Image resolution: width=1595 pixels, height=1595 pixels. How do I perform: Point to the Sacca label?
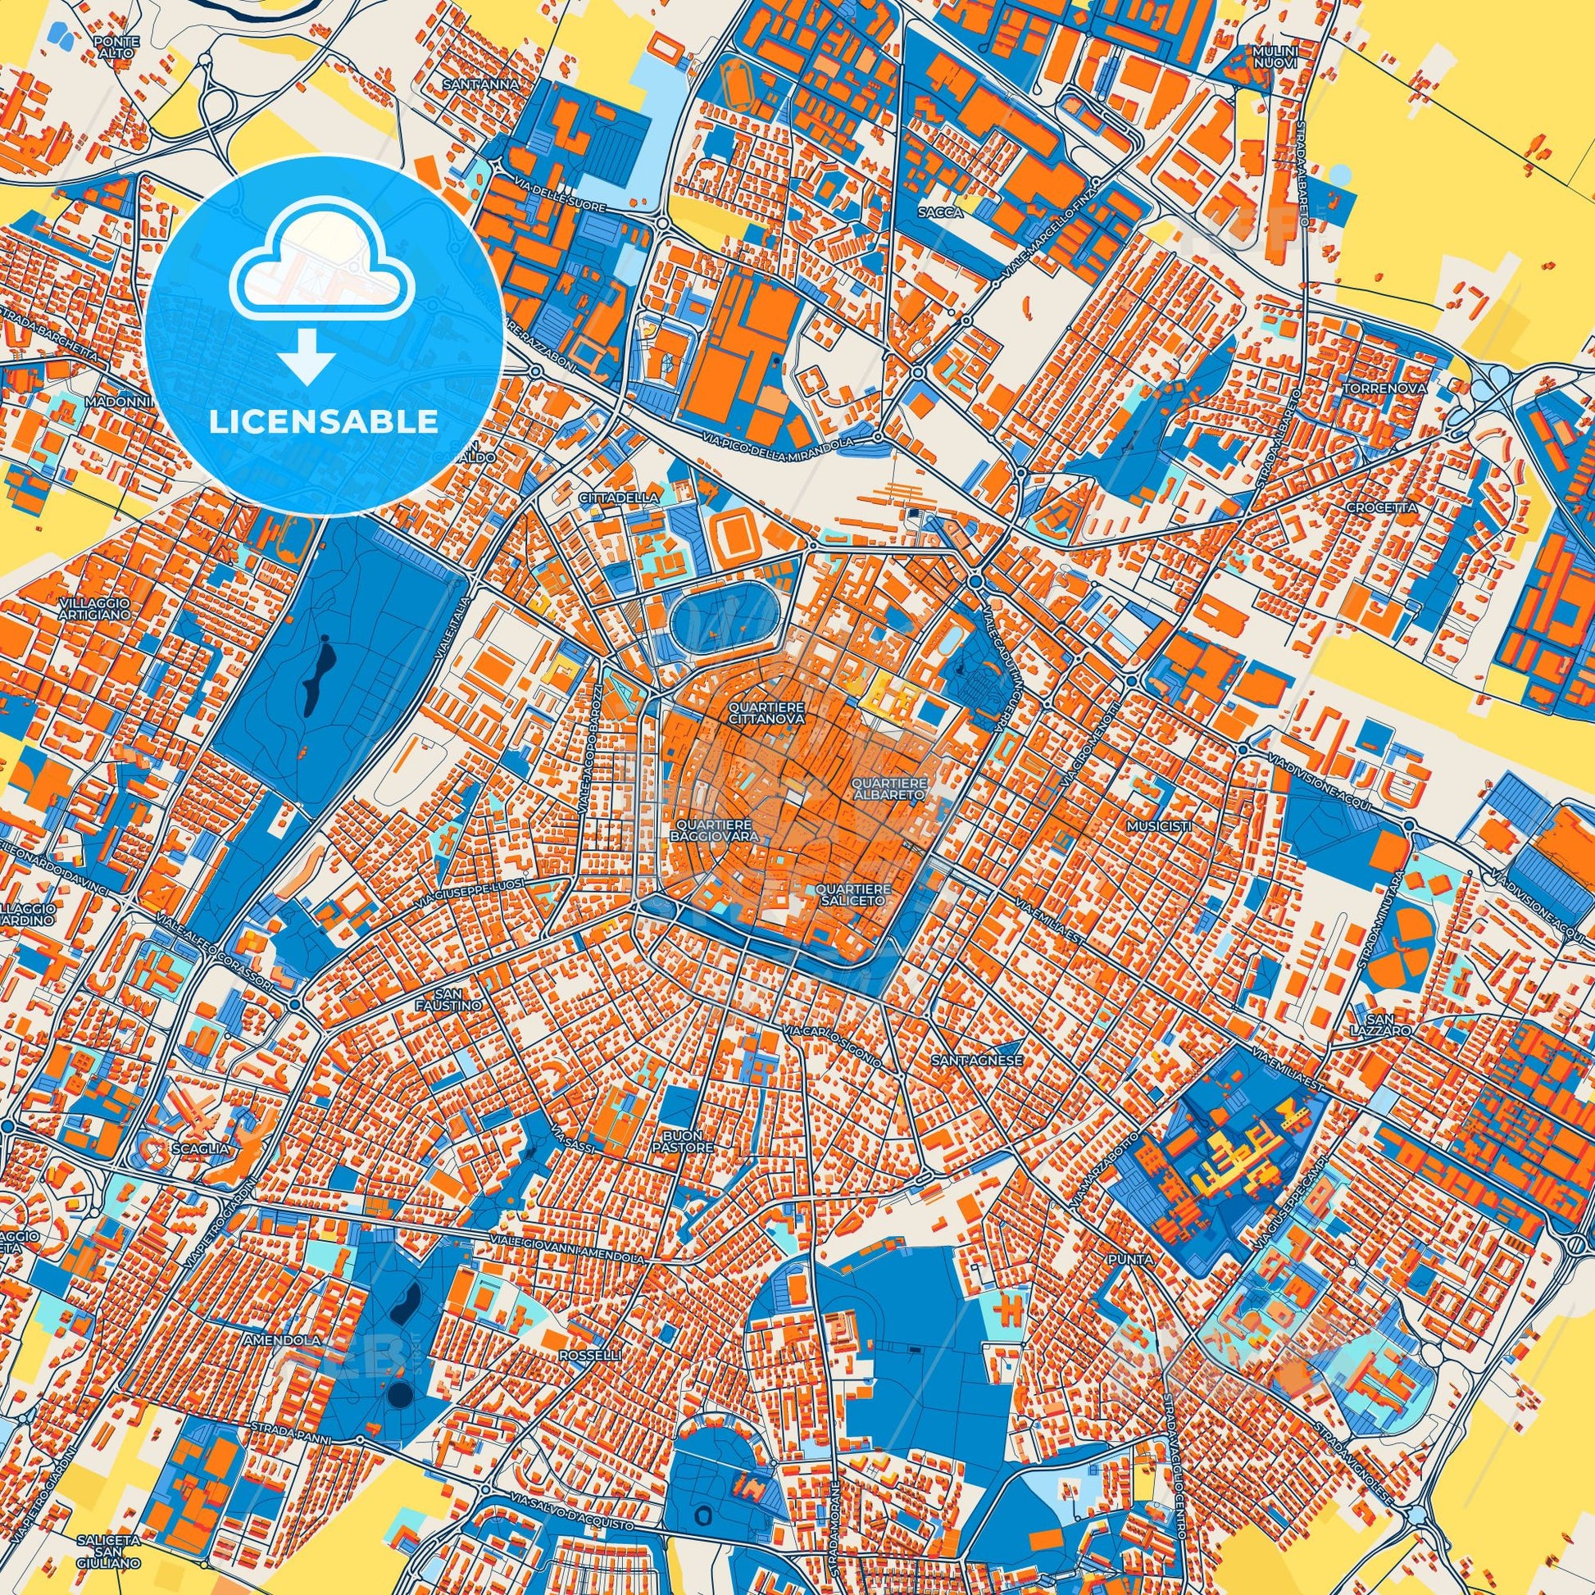tap(939, 212)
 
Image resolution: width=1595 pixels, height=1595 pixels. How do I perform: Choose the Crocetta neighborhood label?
tap(1370, 507)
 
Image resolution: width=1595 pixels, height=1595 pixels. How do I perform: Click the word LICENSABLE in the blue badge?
tap(324, 421)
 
